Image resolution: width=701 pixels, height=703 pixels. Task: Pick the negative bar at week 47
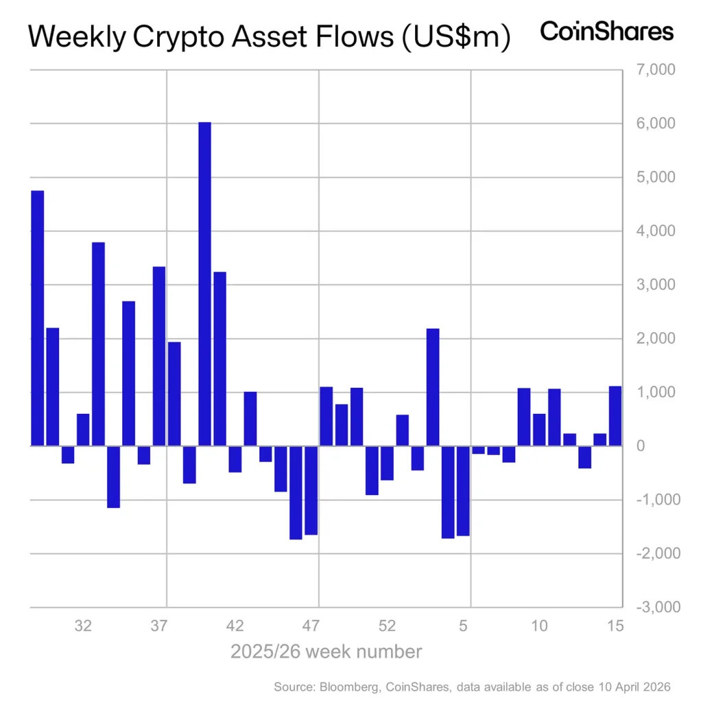pos(311,490)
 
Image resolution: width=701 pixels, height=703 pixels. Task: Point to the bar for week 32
pos(83,430)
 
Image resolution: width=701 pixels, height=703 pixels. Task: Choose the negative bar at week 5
pos(463,490)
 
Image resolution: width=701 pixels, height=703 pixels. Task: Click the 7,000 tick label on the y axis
pos(656,70)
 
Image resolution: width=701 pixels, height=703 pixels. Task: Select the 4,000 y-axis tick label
pos(656,231)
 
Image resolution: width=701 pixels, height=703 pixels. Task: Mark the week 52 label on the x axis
pos(388,626)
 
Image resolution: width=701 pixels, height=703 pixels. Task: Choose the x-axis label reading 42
pos(235,626)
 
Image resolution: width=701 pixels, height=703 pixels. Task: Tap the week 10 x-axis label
pos(540,626)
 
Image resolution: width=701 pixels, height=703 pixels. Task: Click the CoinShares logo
pos(606,32)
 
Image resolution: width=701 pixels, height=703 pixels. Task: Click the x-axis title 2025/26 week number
pos(326,651)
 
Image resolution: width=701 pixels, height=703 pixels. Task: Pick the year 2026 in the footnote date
pos(654,687)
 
